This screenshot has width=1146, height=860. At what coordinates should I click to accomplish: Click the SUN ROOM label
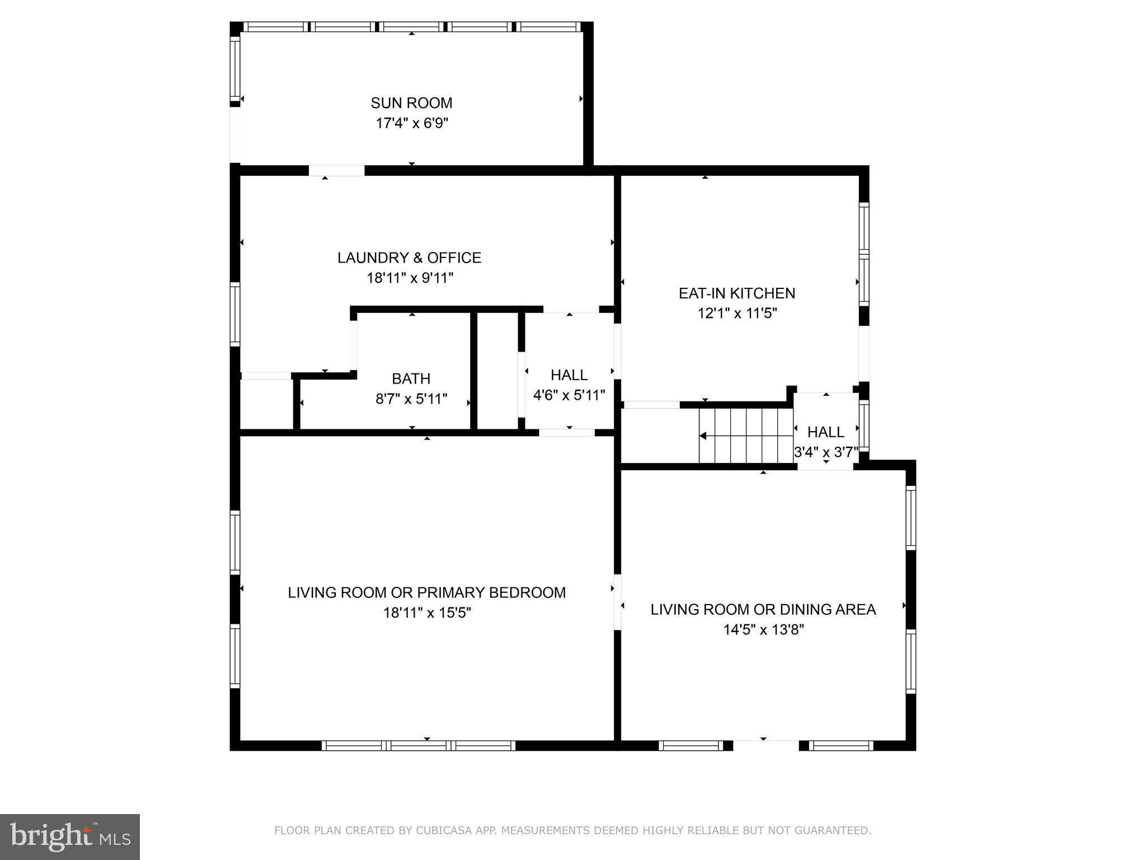click(x=411, y=103)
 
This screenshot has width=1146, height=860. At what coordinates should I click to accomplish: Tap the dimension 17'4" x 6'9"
click(x=411, y=123)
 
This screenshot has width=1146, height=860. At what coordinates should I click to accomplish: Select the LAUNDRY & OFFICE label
click(x=409, y=258)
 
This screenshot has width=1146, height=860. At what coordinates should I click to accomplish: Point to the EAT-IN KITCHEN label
click(x=736, y=293)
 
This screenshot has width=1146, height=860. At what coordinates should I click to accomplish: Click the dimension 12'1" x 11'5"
click(x=736, y=314)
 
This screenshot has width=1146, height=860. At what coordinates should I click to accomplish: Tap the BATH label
click(x=411, y=379)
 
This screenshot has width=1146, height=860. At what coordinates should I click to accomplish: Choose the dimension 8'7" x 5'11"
click(x=411, y=399)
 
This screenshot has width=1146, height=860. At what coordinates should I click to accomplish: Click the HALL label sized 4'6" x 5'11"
click(x=569, y=375)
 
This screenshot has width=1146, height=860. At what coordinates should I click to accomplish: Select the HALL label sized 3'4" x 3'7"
click(x=825, y=432)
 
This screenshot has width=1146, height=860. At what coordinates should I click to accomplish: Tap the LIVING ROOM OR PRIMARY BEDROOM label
click(x=426, y=592)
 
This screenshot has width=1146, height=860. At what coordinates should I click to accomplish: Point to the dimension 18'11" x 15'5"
click(x=426, y=613)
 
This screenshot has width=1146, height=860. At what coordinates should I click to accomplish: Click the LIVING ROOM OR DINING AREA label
click(x=763, y=610)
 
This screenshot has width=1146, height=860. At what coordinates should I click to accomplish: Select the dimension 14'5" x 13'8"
click(x=763, y=630)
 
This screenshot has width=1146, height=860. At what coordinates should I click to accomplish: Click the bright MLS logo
click(x=69, y=836)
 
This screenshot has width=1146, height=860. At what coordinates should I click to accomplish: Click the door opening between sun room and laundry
click(x=336, y=170)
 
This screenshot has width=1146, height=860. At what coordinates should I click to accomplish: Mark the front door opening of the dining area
click(x=765, y=745)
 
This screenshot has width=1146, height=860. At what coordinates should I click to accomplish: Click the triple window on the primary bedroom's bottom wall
click(x=418, y=745)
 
